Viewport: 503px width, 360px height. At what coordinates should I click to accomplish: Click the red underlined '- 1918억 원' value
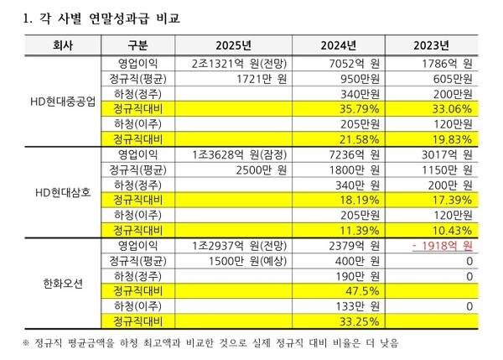[x=443, y=247]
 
